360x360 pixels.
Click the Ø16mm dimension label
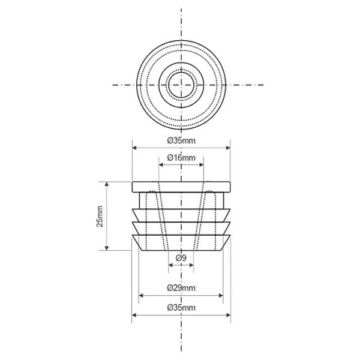pos(181,158)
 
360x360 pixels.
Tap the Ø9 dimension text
pos(181,258)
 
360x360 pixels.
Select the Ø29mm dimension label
pos(181,287)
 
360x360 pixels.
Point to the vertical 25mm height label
pos(100,217)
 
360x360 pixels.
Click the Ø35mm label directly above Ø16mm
pos(181,140)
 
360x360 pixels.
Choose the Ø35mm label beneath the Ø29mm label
pos(181,307)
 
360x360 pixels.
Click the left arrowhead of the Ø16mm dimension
pos(161,164)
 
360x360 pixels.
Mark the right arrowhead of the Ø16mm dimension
pos(202,164)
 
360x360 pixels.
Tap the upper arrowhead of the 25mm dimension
pos(107,184)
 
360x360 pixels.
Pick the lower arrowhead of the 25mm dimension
pos(107,248)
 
